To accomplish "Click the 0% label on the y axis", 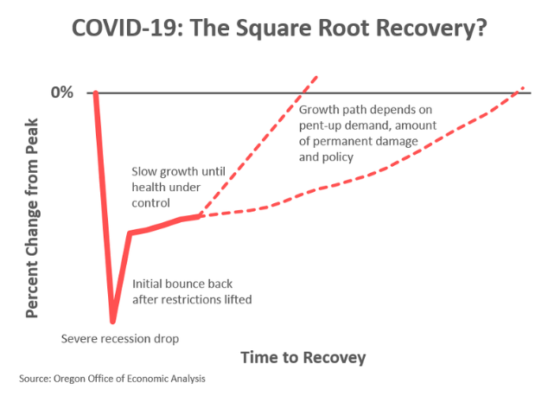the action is [62, 93].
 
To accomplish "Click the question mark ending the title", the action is [481, 28].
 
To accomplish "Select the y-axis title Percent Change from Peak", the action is [32, 218].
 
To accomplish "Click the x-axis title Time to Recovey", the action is [303, 358].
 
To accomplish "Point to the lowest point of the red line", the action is [112, 321].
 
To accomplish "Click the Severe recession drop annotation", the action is [120, 339].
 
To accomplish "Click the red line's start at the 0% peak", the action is [95, 93].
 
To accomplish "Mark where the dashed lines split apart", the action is [199, 216].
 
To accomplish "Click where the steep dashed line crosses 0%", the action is [303, 93].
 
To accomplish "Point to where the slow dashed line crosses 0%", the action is [517, 93].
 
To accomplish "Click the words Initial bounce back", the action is [182, 284].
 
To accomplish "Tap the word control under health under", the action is [150, 203].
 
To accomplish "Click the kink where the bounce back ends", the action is [130, 233].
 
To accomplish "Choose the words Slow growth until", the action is [178, 171].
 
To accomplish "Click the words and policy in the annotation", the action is [326, 157].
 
